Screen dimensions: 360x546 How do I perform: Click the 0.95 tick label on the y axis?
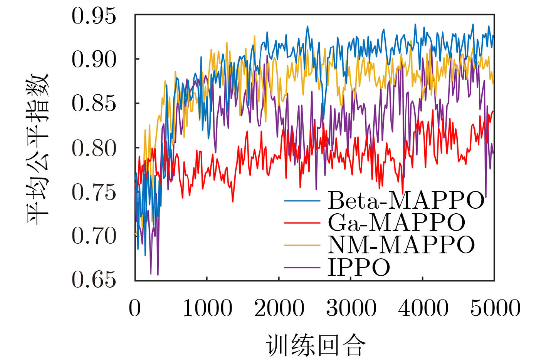pyautogui.click(x=94, y=16)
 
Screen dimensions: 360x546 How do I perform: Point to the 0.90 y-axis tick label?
pyautogui.click(x=94, y=60)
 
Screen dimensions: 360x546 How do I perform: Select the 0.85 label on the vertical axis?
pyautogui.click(x=94, y=104)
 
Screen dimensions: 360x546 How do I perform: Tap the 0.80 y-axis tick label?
pyautogui.click(x=94, y=148)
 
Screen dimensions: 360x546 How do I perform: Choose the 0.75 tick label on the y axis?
pyautogui.click(x=94, y=192)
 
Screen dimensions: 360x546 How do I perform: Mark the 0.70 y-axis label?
pyautogui.click(x=94, y=236)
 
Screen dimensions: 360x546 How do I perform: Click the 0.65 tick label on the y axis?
pyautogui.click(x=94, y=280)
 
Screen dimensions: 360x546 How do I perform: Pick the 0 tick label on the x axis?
pyautogui.click(x=135, y=308)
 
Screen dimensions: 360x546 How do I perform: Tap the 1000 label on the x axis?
pyautogui.click(x=207, y=308)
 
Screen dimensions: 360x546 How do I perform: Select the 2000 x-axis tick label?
pyautogui.click(x=279, y=308)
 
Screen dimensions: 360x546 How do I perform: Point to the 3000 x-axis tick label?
pyautogui.click(x=351, y=308)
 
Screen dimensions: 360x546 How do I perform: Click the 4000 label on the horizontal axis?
pyautogui.click(x=423, y=308)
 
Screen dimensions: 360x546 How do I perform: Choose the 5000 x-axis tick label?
pyautogui.click(x=495, y=308)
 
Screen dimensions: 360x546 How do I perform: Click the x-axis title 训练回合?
pyautogui.click(x=315, y=345)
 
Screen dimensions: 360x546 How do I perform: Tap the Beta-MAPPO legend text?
pyautogui.click(x=406, y=200)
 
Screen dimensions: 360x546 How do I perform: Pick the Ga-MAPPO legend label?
pyautogui.click(x=396, y=223)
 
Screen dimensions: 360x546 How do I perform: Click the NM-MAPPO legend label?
pyautogui.click(x=401, y=245)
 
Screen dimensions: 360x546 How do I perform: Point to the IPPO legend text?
pyautogui.click(x=359, y=267)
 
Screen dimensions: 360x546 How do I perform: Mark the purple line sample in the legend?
pyautogui.click(x=302, y=268)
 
